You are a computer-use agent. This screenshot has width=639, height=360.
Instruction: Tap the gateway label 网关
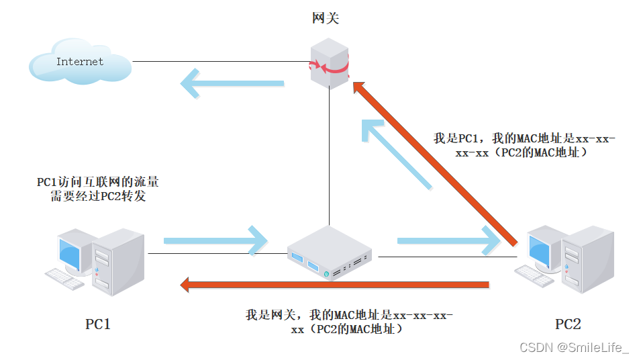326,18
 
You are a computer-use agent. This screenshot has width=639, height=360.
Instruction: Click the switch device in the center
330,253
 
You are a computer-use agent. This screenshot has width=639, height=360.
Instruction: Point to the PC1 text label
97,324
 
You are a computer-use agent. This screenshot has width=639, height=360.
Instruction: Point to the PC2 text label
567,324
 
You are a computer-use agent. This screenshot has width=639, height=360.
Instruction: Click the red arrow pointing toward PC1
336,285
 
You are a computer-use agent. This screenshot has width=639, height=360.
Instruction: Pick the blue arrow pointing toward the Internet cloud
232,84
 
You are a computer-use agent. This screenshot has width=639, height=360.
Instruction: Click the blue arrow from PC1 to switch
215,239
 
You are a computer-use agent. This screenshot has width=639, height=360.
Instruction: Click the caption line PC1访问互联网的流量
97,182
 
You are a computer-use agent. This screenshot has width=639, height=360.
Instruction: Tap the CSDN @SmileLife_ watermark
575,347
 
